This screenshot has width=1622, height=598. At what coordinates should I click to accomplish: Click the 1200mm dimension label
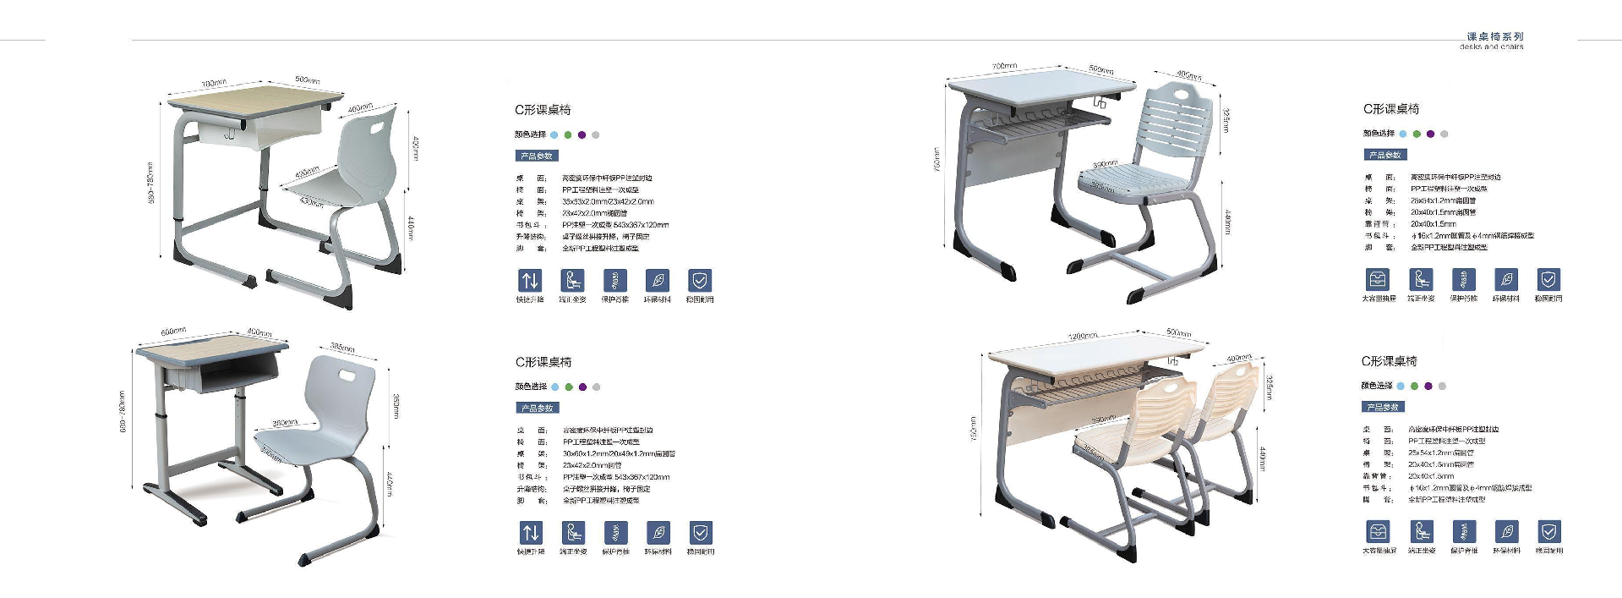[1083, 336]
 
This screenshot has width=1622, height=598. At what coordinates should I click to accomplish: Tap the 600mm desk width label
[173, 332]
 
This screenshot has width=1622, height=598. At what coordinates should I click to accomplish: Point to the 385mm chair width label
[342, 348]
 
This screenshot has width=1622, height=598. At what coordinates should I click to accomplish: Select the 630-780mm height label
[123, 412]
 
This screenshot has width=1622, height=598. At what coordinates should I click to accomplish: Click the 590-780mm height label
[151, 183]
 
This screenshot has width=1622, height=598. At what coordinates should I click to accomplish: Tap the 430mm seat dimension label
[311, 203]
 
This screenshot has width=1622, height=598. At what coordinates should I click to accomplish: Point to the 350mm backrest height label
[396, 406]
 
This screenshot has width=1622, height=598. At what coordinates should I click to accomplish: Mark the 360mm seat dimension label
[284, 423]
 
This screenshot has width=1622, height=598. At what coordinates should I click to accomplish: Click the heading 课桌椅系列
[1494, 36]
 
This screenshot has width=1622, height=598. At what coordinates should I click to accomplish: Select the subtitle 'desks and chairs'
[1491, 47]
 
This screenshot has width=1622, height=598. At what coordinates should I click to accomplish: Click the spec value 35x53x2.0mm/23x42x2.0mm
[608, 202]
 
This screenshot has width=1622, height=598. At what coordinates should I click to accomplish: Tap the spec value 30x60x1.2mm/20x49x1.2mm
[618, 454]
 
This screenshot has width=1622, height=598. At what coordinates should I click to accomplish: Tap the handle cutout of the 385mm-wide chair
[347, 373]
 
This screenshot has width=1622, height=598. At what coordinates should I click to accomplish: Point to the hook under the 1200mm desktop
[1173, 362]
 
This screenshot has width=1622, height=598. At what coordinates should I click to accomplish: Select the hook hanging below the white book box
[229, 134]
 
